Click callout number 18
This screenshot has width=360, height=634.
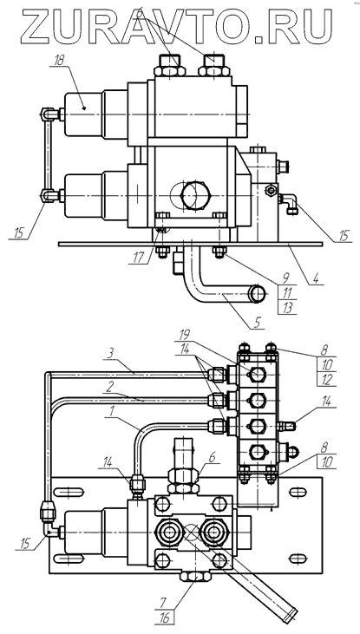point(59,61)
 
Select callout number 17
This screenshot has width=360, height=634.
point(139,258)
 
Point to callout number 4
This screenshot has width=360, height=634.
point(316,278)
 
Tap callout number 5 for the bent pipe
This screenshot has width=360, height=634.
point(257,323)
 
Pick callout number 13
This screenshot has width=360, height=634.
point(288,308)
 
